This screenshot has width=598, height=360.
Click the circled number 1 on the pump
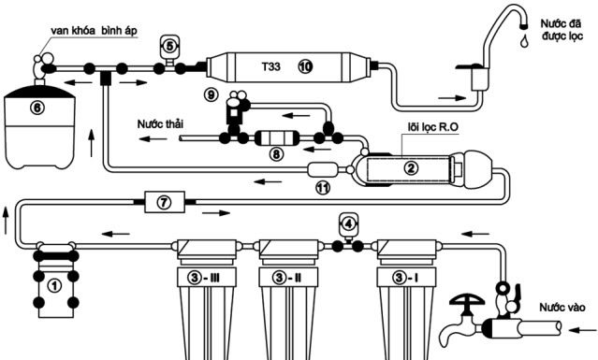pos(54,285)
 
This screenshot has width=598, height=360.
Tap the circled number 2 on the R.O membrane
pos(409,168)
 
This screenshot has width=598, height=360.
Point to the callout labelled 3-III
pos(200,277)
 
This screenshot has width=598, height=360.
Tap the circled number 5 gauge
pos(169,43)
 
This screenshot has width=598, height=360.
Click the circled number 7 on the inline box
pos(162,201)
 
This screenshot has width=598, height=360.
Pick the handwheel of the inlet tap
pos(464,301)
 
